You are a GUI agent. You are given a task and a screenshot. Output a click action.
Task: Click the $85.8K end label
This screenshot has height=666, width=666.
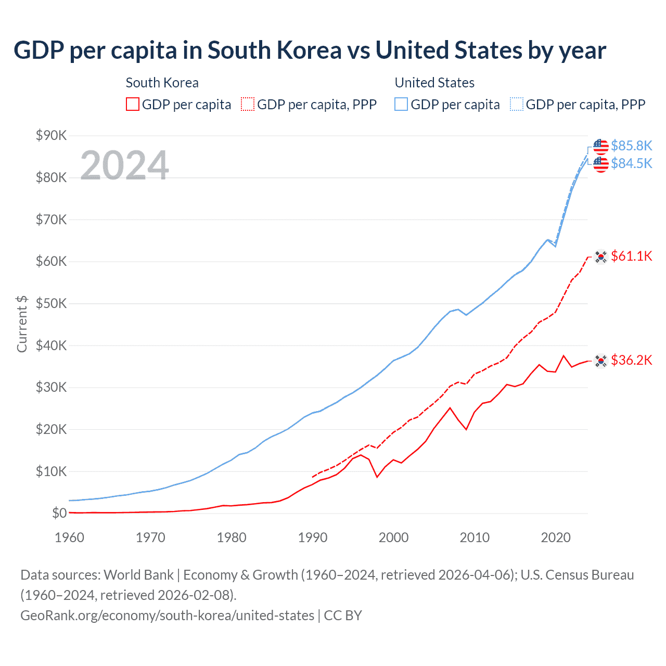pos(631,146)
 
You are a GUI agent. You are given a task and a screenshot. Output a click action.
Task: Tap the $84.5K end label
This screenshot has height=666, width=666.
pos(631,163)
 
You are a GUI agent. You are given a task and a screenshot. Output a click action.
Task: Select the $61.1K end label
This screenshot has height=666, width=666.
pos(631,256)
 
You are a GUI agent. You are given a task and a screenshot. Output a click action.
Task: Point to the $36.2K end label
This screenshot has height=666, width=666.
pos(631,360)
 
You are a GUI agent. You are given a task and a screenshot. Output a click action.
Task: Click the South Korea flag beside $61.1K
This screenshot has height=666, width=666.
pos(601,257)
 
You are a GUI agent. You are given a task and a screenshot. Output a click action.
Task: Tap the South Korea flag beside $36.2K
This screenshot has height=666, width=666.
pos(601,361)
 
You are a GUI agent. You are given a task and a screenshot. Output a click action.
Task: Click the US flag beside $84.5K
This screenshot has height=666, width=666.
pos(601,164)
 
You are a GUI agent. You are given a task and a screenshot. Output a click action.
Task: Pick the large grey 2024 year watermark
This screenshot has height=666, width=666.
pos(124,165)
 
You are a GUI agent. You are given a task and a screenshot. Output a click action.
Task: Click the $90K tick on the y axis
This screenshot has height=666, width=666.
pos(52,136)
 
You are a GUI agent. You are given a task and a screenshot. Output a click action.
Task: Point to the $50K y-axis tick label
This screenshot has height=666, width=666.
pos(52,304)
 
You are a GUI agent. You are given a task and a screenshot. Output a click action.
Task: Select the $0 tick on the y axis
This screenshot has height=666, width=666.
pos(59,514)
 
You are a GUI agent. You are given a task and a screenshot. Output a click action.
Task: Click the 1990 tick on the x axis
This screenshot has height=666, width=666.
pos(312,537)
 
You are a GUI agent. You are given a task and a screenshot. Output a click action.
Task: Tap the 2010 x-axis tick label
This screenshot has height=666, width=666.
pos(475,537)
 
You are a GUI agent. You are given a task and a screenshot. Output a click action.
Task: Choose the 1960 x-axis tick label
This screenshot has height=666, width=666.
pos(69,537)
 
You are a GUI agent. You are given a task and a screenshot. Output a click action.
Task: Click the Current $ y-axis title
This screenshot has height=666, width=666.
pos(22,324)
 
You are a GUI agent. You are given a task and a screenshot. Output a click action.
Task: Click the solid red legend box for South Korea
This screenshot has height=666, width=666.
pos(133,104)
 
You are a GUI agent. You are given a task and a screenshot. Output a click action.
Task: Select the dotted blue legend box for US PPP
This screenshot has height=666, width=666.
pos(517,104)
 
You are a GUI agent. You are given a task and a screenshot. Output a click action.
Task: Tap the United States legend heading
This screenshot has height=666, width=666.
pos(434,83)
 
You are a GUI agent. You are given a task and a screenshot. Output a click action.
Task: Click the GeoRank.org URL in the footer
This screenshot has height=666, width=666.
pos(167,616)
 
